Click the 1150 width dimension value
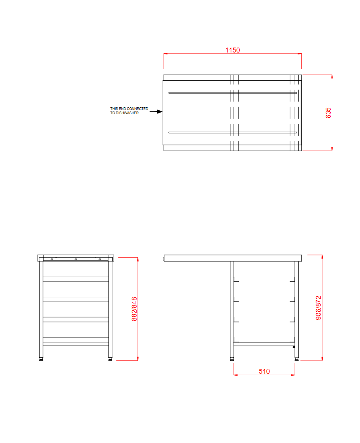click(233, 50)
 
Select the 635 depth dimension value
click(329, 113)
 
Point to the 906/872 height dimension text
click(319, 308)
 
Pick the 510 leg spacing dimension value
click(264, 371)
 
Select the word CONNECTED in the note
click(137, 109)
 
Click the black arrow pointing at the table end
click(156, 112)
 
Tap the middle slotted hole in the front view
click(76, 259)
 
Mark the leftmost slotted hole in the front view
click(52, 259)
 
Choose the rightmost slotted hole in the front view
click(100, 259)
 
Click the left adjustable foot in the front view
click(41, 359)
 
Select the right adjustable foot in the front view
click(110, 359)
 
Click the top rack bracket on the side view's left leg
click(236, 282)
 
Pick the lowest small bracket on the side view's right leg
click(292, 322)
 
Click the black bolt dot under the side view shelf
click(294, 347)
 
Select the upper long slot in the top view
click(233, 92)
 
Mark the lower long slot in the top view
click(233, 132)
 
